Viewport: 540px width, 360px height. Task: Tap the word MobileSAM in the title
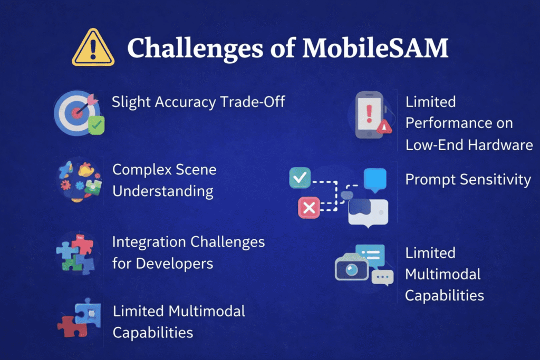pos(375,47)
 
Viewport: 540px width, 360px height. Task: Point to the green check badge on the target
pos(96,125)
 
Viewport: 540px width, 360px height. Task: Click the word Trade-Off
pos(253,102)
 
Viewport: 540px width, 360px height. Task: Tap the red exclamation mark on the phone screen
pos(369,114)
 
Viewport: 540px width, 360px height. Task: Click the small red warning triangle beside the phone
pos(384,127)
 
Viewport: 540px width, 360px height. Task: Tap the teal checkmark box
pos(300,178)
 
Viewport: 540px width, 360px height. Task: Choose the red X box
pos(309,208)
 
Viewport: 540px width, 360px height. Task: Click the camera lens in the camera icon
pos(352,269)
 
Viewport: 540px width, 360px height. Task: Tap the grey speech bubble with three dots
pos(383,277)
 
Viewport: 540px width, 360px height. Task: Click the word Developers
pos(174,264)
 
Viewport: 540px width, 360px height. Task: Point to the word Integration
pos(149,242)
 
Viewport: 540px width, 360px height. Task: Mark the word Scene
pos(196,170)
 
